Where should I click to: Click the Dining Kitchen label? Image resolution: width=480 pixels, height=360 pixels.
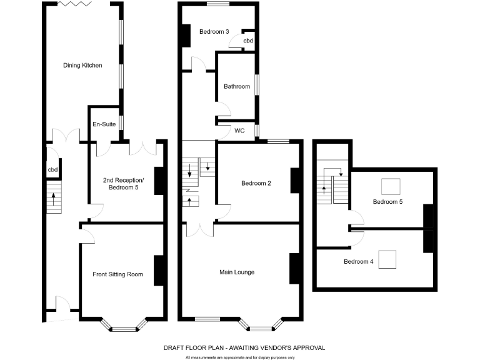click(82, 65)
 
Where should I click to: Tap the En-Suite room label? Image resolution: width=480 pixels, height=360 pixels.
click(104, 125)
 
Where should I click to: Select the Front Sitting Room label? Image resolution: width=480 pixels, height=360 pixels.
click(117, 274)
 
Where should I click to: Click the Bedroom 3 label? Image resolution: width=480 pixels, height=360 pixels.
click(214, 31)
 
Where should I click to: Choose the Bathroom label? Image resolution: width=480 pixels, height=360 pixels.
click(237, 86)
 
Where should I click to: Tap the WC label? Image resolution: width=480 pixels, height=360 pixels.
click(239, 131)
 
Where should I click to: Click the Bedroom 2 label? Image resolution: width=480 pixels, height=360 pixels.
click(256, 183)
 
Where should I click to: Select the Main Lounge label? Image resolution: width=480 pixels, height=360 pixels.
click(236, 272)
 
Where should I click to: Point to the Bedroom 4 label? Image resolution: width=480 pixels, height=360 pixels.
click(358, 261)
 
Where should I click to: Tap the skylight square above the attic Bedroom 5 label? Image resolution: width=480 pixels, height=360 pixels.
click(391, 186)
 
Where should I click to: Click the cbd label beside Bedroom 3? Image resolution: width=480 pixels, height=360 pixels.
click(248, 41)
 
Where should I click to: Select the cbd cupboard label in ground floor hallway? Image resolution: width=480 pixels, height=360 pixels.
click(52, 169)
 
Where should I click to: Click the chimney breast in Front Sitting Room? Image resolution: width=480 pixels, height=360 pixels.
click(159, 271)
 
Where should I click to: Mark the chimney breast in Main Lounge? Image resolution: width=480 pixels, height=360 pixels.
click(295, 268)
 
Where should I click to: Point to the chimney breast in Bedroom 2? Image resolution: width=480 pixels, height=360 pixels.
click(296, 181)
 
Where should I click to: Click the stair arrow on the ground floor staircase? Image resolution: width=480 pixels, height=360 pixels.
click(54, 199)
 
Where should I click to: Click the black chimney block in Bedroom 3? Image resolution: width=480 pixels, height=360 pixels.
click(186, 35)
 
